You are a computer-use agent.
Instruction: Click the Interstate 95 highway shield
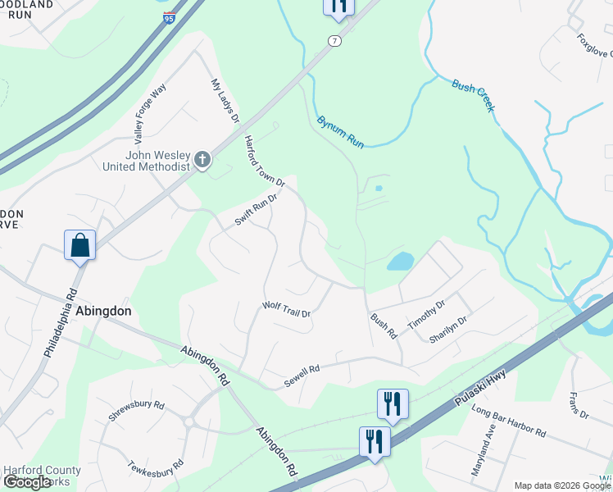pos(168,17)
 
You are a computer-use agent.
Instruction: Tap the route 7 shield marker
pos(334,40)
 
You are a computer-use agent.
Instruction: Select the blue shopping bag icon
pos(80,245)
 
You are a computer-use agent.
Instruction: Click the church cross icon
pos(202,161)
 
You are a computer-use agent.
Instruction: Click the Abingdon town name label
pos(103,312)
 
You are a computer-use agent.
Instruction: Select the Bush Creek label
pos(474,96)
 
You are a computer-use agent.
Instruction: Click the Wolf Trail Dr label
pos(286,309)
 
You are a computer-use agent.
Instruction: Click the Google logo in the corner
pos(27,482)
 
